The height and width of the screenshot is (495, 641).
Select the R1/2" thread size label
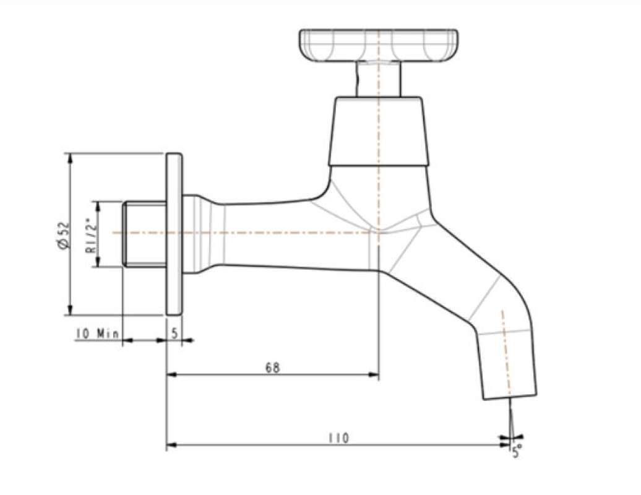click(89, 235)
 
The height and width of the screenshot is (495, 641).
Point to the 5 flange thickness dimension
click(174, 333)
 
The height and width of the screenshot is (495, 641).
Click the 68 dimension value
click(272, 368)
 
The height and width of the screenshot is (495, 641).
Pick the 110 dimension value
click(338, 438)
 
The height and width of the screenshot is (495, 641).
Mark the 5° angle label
click(517, 452)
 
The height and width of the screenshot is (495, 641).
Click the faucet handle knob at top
click(379, 45)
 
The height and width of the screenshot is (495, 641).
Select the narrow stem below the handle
click(377, 79)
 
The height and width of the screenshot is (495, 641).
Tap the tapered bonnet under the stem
click(377, 131)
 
